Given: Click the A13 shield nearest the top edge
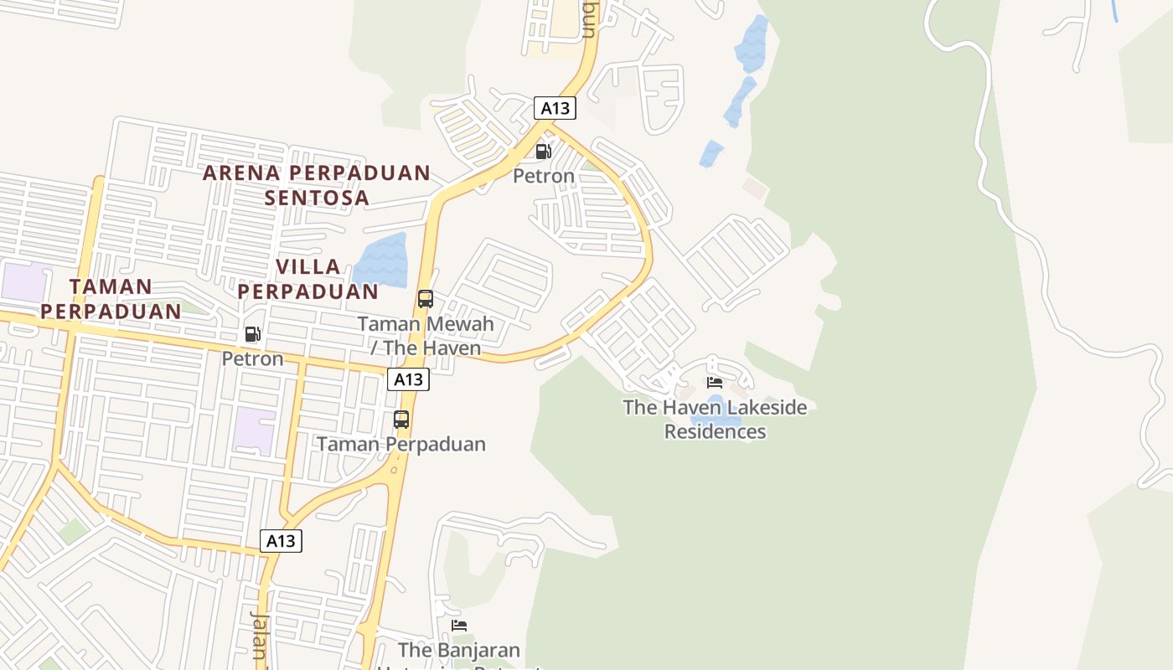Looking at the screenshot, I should click(x=555, y=108).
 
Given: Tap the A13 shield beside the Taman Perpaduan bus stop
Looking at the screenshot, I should click(x=408, y=379).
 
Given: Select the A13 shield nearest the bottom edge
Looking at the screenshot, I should click(x=280, y=541).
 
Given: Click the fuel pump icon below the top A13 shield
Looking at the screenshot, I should click(x=543, y=152).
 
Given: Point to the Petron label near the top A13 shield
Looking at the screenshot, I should click(x=544, y=176).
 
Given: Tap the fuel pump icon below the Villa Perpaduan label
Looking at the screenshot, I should click(x=252, y=334).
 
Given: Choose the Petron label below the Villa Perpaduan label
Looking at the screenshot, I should click(x=252, y=358).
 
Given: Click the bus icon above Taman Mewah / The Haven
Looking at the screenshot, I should click(x=426, y=299).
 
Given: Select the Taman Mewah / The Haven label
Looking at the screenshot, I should click(x=426, y=335).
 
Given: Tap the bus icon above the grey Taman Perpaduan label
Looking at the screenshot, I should click(x=401, y=420).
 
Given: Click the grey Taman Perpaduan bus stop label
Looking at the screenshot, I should click(x=401, y=444).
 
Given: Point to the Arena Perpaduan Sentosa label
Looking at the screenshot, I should click(x=317, y=185).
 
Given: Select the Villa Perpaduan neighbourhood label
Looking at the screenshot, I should click(x=308, y=279).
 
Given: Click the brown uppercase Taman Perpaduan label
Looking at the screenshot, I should click(x=111, y=298).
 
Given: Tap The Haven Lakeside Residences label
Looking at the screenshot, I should click(x=715, y=420).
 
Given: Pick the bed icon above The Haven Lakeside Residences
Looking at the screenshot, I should click(x=715, y=383).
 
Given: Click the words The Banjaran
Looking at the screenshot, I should click(x=458, y=650).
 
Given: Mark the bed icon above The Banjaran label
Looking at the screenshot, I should click(x=458, y=626).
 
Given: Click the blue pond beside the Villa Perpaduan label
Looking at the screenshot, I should click(x=382, y=260).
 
